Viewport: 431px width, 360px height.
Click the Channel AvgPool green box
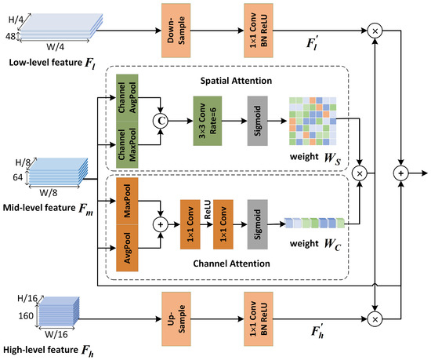pyautogui.click(x=125, y=99)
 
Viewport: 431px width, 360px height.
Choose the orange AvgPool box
pyautogui.click(x=126, y=246)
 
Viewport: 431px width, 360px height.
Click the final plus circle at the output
pyautogui.click(x=401, y=170)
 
